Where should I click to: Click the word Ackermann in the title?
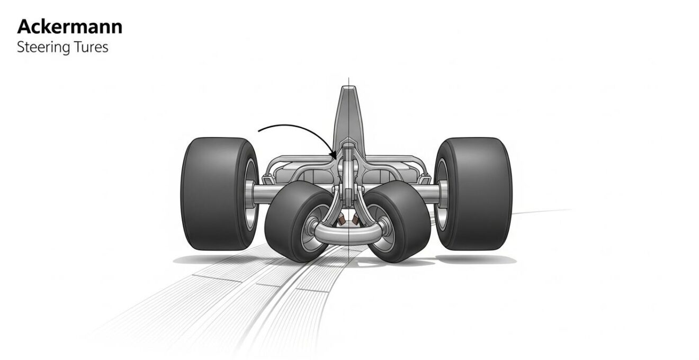(69, 27)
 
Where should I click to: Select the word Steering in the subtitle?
(43, 48)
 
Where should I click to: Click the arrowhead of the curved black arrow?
(334, 155)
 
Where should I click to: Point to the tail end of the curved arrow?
(259, 131)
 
